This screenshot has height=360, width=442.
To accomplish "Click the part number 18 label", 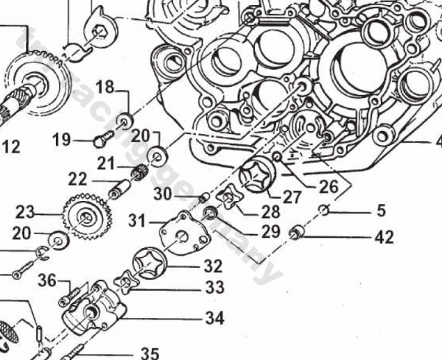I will (105, 87).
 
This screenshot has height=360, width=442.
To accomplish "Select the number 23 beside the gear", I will (25, 213).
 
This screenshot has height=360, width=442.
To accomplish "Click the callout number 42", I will (383, 237).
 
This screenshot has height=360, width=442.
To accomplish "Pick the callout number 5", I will (380, 211).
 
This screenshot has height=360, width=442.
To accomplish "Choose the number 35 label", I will (150, 352).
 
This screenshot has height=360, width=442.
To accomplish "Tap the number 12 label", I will (10, 147).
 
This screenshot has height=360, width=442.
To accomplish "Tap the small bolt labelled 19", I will (101, 138).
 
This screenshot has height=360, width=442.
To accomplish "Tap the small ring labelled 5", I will (323, 212).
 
